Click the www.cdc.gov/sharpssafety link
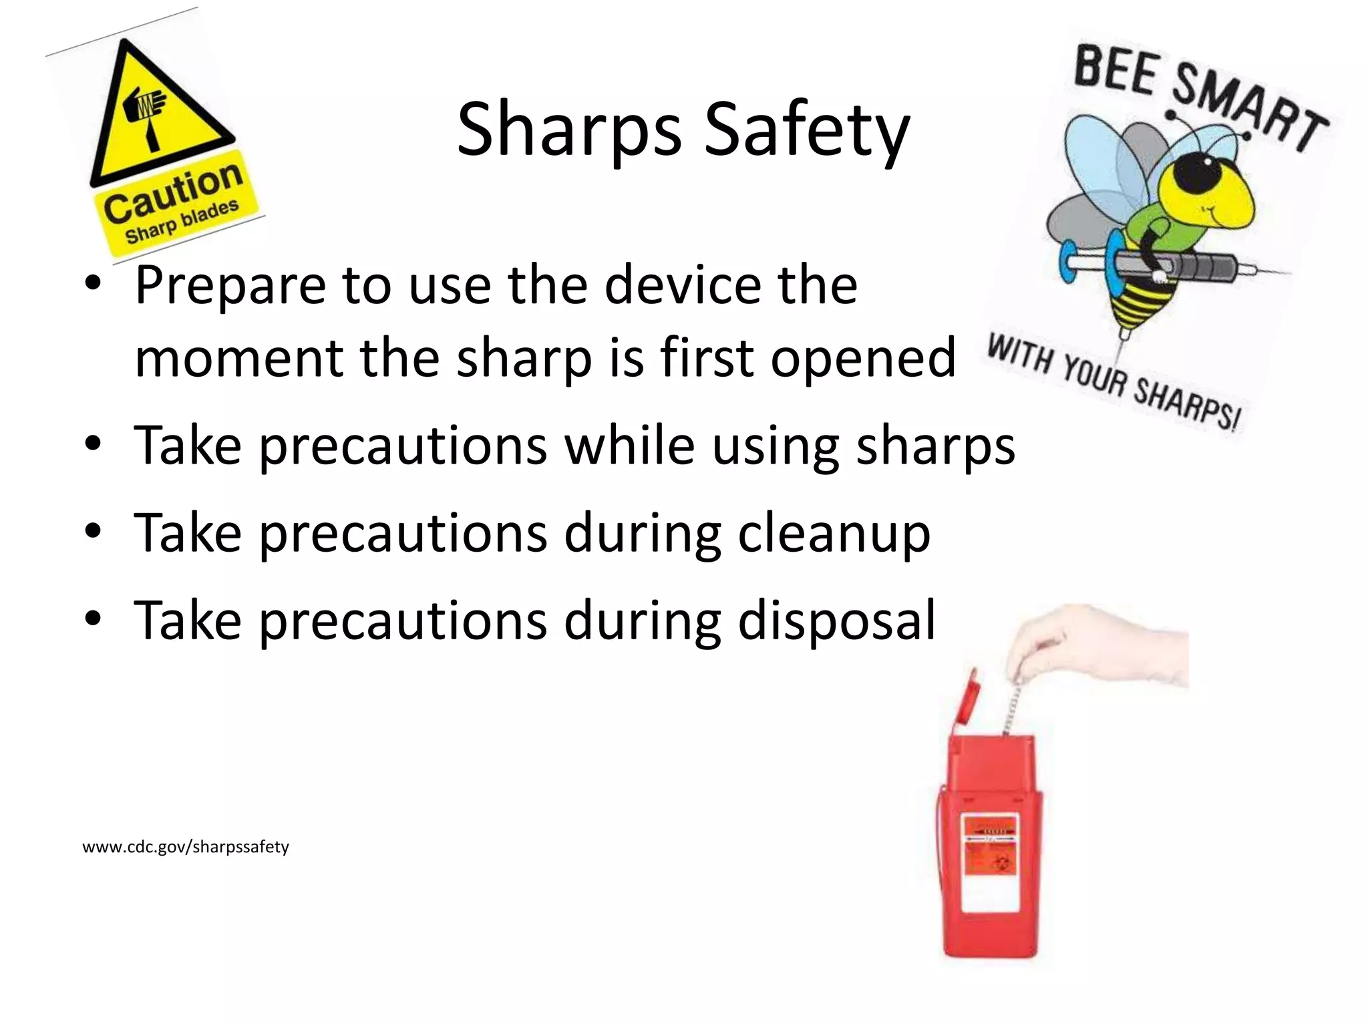[x=186, y=847]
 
